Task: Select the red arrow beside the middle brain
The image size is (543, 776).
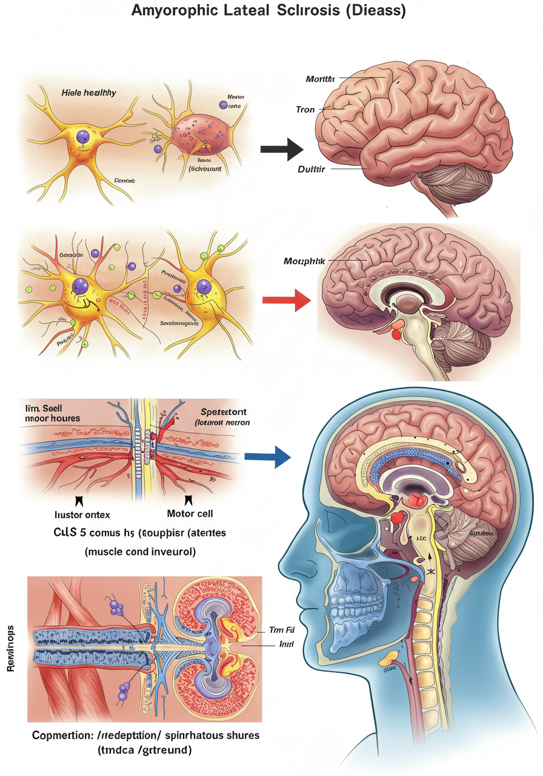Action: point(285,299)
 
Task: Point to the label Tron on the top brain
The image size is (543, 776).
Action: point(305,110)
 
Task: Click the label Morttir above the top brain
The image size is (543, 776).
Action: point(321,79)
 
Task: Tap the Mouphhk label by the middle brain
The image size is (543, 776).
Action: point(304,261)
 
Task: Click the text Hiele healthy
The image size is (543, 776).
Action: point(89,93)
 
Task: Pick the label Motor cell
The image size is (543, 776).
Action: point(189,513)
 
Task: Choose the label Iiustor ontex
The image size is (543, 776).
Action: point(82,515)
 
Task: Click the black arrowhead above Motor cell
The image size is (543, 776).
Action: point(188,500)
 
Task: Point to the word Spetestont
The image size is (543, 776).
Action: point(223,411)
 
